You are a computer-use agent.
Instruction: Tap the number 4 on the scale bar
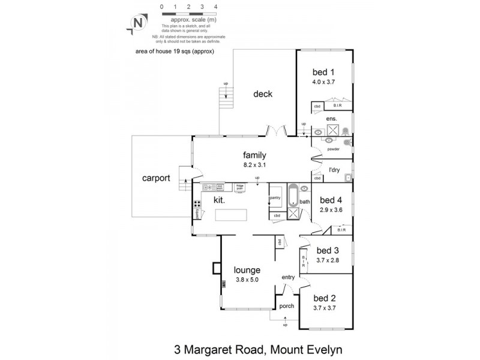215,7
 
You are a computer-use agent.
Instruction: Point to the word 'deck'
262,94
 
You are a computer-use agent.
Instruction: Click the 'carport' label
157,178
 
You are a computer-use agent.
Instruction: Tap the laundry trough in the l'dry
347,177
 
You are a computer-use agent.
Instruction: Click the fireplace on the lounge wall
215,268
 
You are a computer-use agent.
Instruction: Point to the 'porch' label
287,306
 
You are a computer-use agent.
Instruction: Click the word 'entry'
289,277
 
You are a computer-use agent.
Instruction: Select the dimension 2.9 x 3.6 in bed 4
331,209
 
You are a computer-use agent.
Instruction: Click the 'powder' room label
334,149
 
